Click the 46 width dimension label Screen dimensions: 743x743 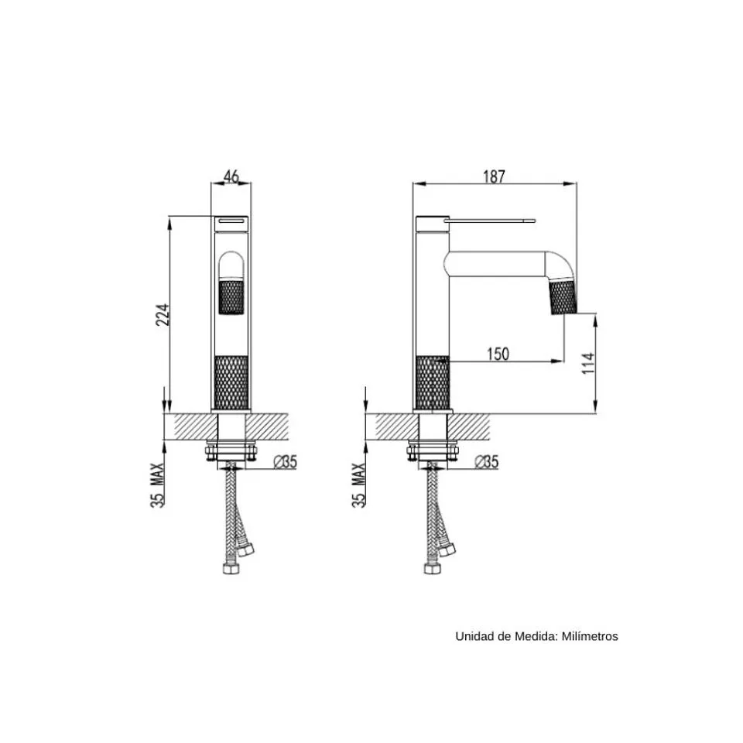tap(231, 176)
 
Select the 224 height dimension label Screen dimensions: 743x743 tap(163, 314)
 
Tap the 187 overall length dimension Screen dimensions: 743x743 tap(495, 176)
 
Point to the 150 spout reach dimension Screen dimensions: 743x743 tap(498, 354)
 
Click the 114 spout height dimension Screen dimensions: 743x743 tap(588, 363)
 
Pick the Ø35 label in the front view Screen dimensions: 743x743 tap(286, 461)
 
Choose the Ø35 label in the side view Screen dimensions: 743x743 tap(487, 461)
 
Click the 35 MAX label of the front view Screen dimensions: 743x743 tap(157, 485)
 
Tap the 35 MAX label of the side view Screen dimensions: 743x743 tap(358, 485)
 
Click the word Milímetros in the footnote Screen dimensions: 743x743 tap(590, 636)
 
